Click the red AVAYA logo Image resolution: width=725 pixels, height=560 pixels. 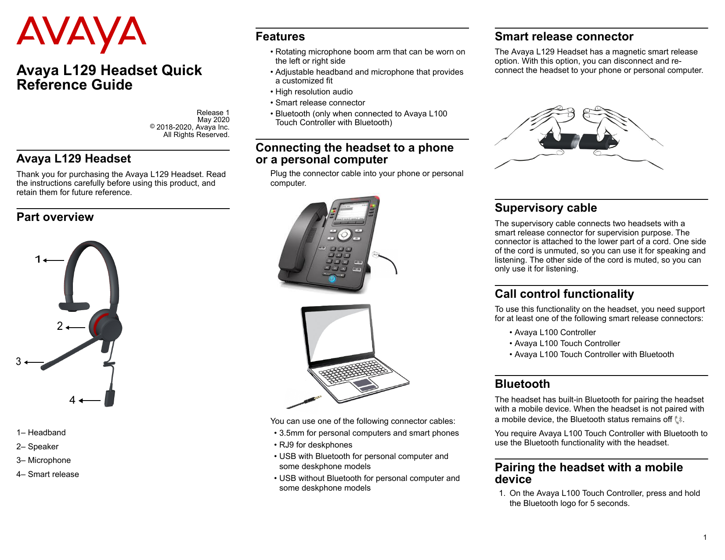click(81, 33)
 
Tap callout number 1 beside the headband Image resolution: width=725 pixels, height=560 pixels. click(38, 260)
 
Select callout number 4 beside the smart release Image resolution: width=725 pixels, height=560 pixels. click(72, 400)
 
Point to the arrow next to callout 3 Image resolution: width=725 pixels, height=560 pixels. click(34, 362)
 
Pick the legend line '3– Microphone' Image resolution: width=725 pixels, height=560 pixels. click(43, 460)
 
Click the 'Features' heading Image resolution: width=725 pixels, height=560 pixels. click(280, 36)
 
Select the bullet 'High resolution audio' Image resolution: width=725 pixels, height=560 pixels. click(314, 92)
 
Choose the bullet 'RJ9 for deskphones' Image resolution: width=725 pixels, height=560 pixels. click(315, 445)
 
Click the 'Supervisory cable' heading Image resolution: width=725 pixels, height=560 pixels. click(545, 208)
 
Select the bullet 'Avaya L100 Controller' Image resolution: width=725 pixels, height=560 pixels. click(555, 332)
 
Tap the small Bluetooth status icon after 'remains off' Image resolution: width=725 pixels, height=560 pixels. click(678, 420)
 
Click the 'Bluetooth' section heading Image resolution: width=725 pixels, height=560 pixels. click(522, 384)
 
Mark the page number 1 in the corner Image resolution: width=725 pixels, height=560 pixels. click(705, 537)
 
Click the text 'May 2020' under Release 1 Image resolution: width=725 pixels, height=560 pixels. click(213, 120)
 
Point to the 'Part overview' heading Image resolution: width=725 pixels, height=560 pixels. click(55, 217)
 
